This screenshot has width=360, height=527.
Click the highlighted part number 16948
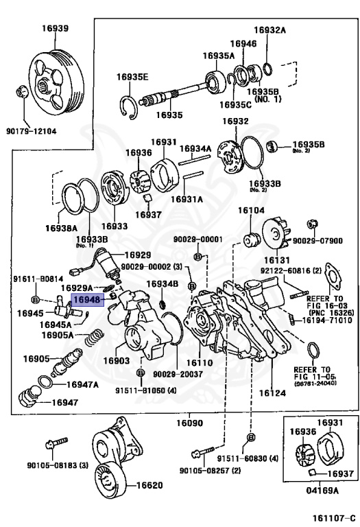pos(87,299)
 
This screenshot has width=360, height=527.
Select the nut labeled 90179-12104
pos(21,92)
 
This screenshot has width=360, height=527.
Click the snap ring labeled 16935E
pos(129,108)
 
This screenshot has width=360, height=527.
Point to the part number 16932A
pos(269,30)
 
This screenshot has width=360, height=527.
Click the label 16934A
pos(195,148)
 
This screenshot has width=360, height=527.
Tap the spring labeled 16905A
pos(93,338)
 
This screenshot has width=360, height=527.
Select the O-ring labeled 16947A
pos(45,382)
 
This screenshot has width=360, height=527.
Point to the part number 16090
pos(190,423)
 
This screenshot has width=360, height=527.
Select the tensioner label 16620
pos(149,485)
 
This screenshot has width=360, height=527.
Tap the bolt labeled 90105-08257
pos(202,452)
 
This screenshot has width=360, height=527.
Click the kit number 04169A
pos(322,491)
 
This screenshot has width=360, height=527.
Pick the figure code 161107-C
pos(334,518)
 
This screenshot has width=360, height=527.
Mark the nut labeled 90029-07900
pos(313,224)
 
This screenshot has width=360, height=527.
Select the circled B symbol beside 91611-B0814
pos(35,299)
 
